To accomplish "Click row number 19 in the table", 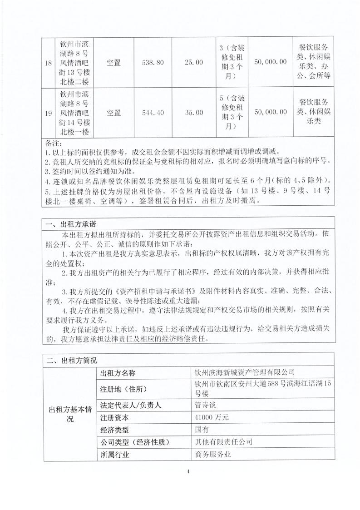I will pos(49,113).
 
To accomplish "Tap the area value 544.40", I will pos(153,113).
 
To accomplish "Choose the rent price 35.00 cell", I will pos(194,113).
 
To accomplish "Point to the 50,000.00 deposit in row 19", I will pos(271,113).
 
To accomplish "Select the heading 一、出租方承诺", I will pos(71,224).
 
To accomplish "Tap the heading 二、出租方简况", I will pos(71,361).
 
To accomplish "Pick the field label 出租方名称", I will pos(118,373).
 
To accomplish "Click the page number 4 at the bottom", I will pos(187,471).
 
